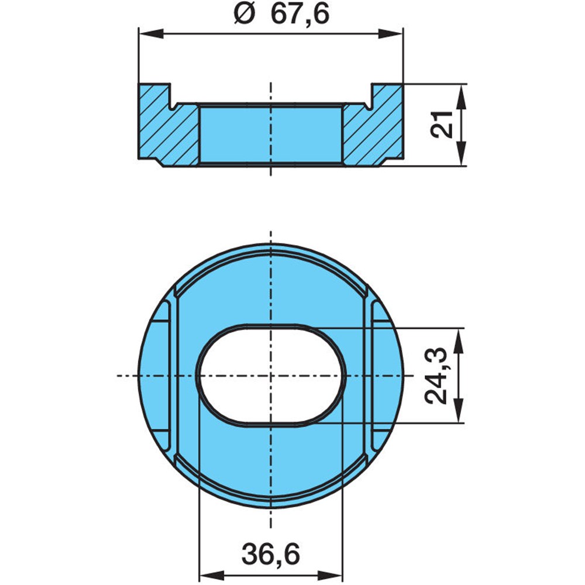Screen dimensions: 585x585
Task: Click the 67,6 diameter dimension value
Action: pyautogui.click(x=300, y=15)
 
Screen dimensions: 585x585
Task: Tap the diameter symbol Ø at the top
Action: pyautogui.click(x=245, y=15)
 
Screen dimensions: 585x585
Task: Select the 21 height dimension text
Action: pyautogui.click(x=442, y=124)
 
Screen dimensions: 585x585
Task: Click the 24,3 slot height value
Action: pyautogui.click(x=436, y=376)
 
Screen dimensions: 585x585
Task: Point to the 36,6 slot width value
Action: pyautogui.click(x=270, y=554)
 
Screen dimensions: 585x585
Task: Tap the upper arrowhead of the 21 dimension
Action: pyautogui.click(x=462, y=97)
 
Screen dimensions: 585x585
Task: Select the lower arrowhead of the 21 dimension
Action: pyautogui.click(x=462, y=153)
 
